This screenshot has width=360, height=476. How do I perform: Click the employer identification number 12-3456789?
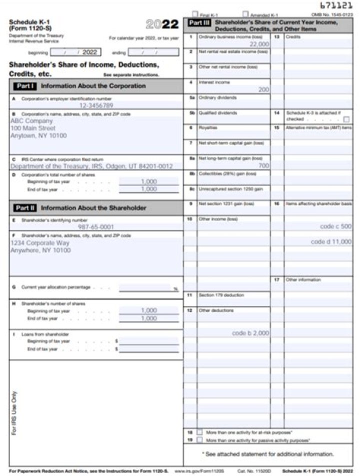(96, 105)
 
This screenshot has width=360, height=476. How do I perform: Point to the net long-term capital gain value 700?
(264, 164)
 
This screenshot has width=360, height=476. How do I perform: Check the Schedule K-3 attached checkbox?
(346, 119)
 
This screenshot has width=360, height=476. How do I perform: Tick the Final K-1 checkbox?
(195, 15)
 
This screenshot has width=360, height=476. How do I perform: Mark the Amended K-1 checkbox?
(245, 15)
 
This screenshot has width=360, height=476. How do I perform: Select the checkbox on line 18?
(199, 431)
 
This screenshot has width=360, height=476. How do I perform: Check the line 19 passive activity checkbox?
(199, 440)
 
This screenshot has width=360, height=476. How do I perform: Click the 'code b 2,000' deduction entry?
(250, 332)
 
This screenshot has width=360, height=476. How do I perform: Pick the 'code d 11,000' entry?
(331, 241)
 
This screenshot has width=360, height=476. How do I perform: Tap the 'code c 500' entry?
(335, 226)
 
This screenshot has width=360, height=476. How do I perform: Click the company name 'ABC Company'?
(31, 120)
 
